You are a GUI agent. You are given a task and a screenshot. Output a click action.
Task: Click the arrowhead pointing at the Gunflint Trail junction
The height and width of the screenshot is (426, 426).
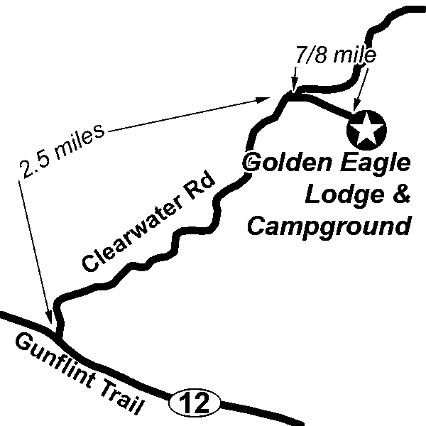48,319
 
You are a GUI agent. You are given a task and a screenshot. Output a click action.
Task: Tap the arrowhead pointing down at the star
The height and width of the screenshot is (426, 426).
356,106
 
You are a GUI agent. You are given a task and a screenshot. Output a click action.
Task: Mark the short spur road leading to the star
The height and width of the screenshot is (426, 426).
327,106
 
